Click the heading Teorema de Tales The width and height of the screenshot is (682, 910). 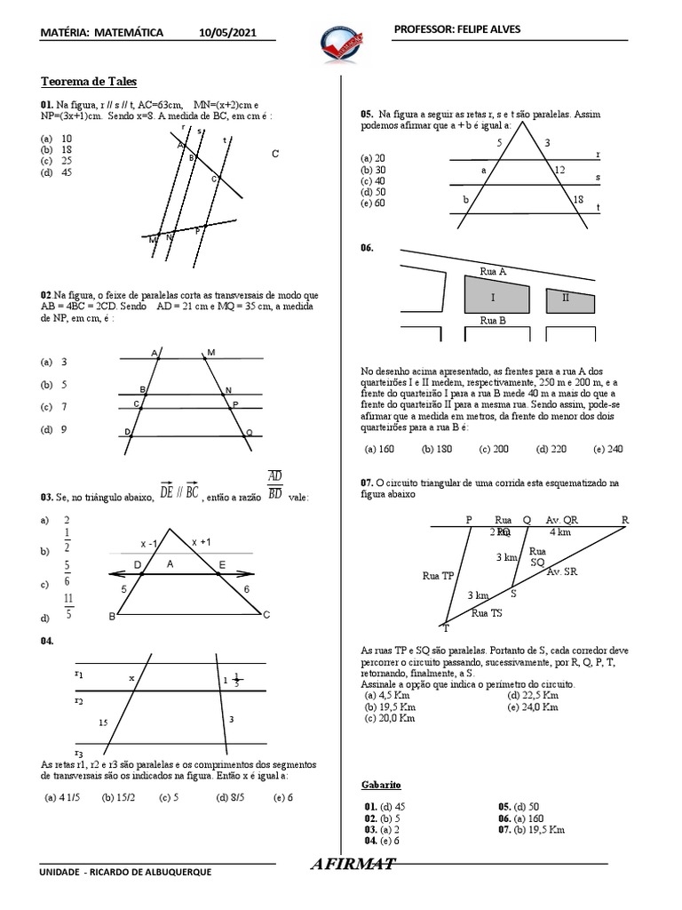click(x=89, y=81)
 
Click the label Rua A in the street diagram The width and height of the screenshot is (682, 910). click(x=493, y=271)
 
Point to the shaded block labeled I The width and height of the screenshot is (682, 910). click(x=491, y=296)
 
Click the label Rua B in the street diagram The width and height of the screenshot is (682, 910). click(x=493, y=321)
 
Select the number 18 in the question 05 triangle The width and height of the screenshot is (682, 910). click(x=579, y=199)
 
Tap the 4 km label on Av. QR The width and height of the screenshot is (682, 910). click(x=560, y=532)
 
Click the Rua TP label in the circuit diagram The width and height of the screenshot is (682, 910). click(x=438, y=575)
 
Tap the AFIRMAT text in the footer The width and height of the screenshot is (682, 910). click(x=353, y=865)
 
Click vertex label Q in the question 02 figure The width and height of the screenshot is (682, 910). click(x=249, y=433)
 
